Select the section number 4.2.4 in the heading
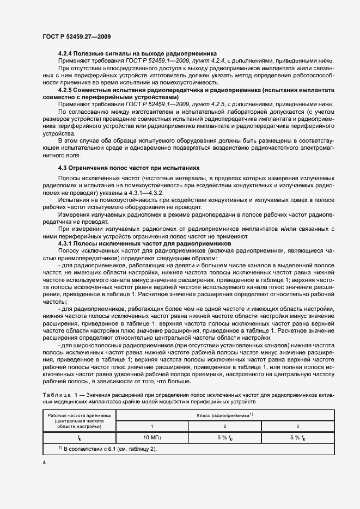click(66, 55)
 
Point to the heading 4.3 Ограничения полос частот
click(129, 168)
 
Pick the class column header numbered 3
click(297, 426)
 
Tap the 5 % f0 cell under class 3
click(297, 437)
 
